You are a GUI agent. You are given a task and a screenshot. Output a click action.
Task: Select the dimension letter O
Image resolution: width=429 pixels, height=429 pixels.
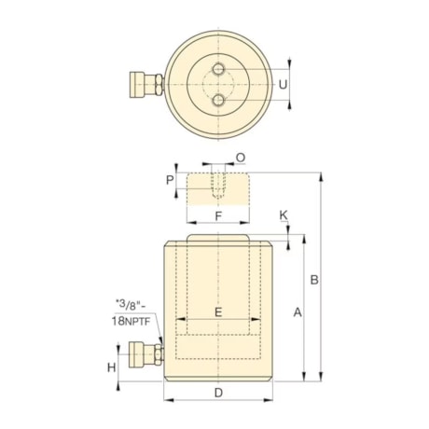pos(241,158)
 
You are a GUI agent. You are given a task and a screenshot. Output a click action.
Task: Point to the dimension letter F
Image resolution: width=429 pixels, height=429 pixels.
pos(217,215)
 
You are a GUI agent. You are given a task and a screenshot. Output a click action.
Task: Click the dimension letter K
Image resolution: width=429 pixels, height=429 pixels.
pos(284,215)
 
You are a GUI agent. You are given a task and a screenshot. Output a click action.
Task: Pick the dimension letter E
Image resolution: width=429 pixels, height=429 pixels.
pos(218,312)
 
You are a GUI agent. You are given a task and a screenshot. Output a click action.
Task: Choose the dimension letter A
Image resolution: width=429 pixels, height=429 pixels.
pos(298,314)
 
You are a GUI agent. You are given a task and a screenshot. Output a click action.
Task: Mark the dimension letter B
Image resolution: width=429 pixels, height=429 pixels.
pos(315,279)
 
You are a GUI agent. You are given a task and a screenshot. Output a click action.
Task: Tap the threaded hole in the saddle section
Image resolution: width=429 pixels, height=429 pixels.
pos(217,185)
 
